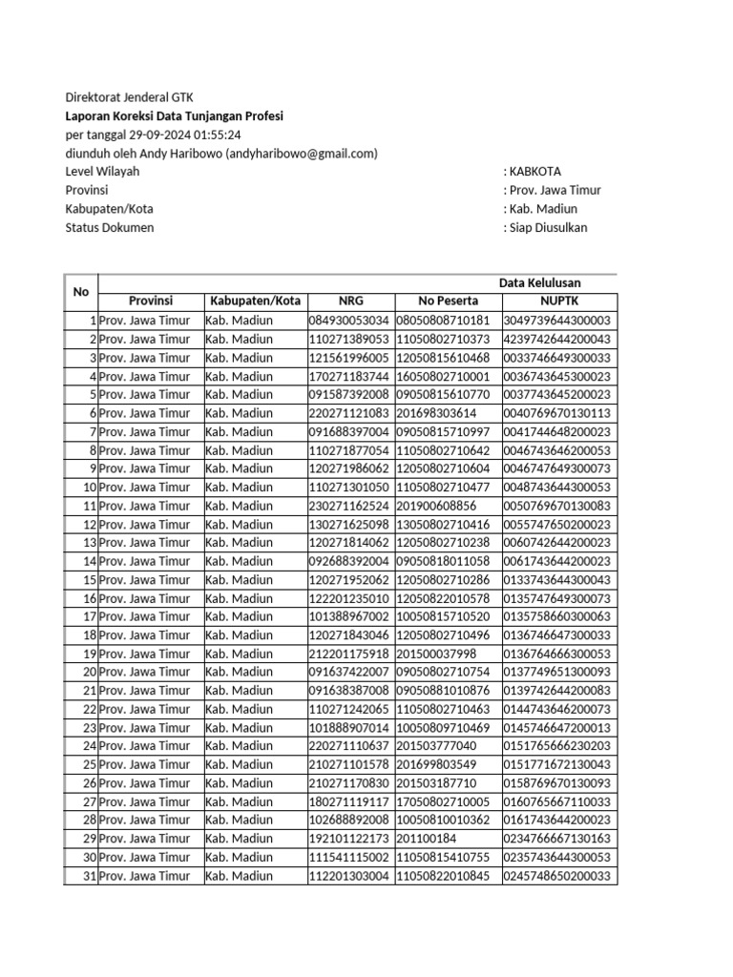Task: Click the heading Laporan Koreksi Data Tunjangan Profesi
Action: click(x=174, y=116)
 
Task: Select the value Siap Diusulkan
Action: click(x=548, y=227)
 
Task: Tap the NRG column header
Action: click(x=350, y=301)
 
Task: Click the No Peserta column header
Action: click(x=448, y=301)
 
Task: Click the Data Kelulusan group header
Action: click(x=539, y=282)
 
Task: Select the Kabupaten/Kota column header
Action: click(x=255, y=301)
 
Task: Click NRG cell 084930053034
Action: click(x=349, y=321)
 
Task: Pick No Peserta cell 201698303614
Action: click(x=435, y=413)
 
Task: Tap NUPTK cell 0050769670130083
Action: click(x=557, y=506)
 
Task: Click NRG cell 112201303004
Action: click(x=349, y=876)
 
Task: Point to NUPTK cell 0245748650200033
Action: click(x=557, y=876)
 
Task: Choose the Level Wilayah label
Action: click(x=102, y=172)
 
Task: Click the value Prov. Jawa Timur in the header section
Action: click(x=555, y=190)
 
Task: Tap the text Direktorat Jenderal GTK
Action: click(x=129, y=97)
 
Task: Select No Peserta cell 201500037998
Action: click(x=435, y=654)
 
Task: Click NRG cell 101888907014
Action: click(x=349, y=727)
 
